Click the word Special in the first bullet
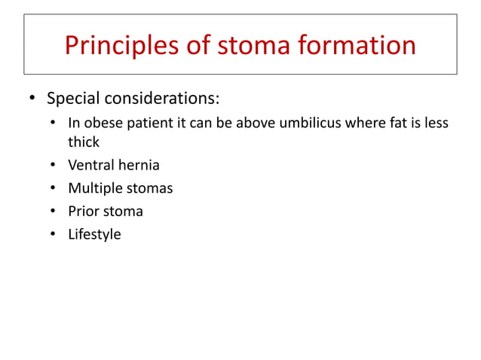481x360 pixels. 73,99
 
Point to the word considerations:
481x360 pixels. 162,99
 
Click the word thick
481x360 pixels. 84,142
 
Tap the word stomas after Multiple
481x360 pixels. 149,188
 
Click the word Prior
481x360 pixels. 84,211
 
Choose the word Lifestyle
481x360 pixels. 94,234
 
